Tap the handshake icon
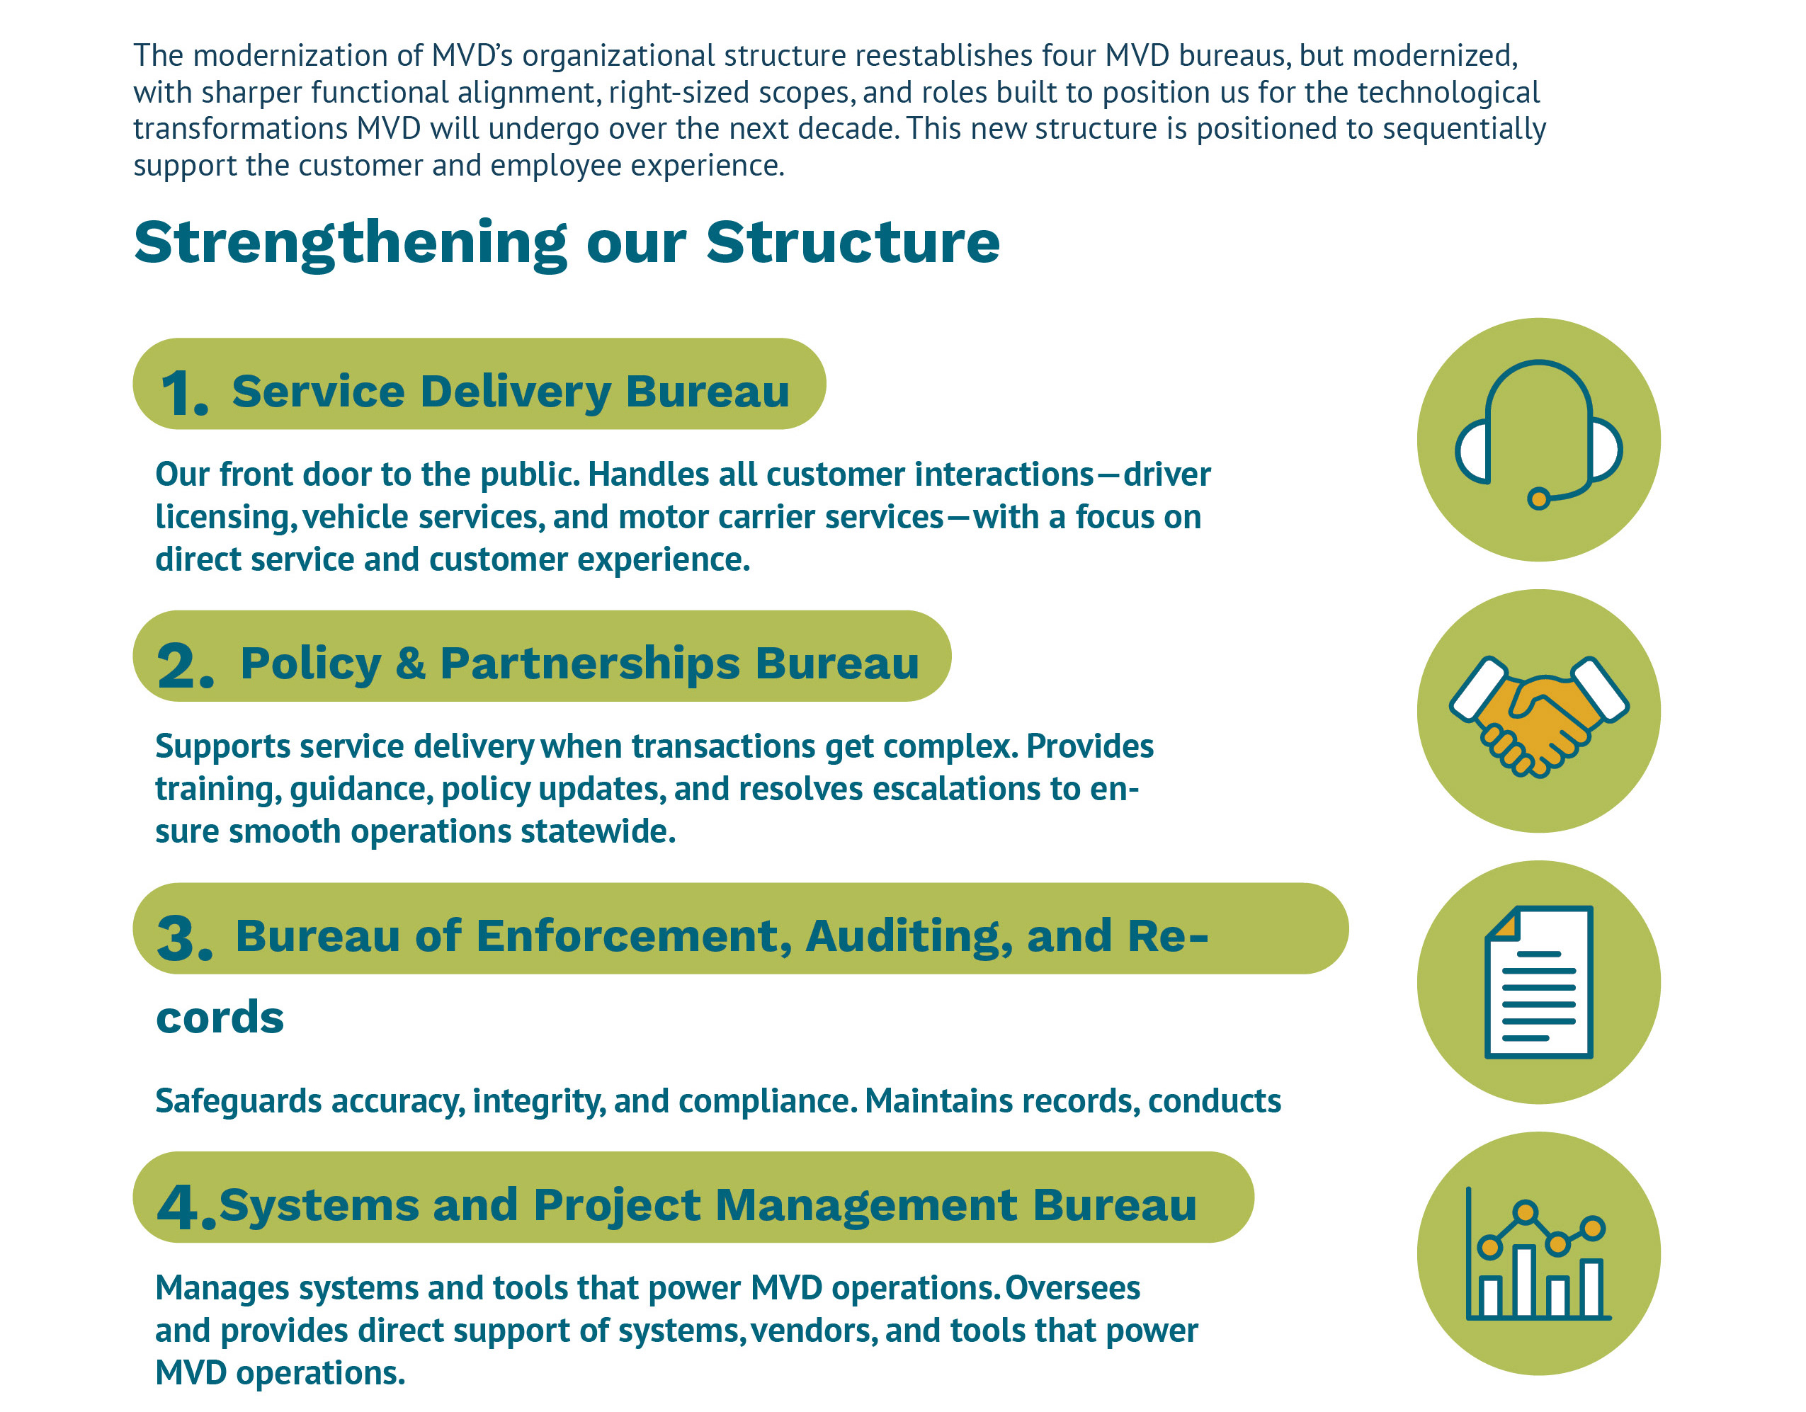click(1538, 715)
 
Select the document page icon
click(1538, 982)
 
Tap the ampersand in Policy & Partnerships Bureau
click(410, 664)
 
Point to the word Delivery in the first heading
click(515, 392)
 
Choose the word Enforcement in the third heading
click(627, 937)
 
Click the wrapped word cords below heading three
click(219, 1017)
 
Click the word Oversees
click(1072, 1288)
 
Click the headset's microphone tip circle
click(1538, 499)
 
